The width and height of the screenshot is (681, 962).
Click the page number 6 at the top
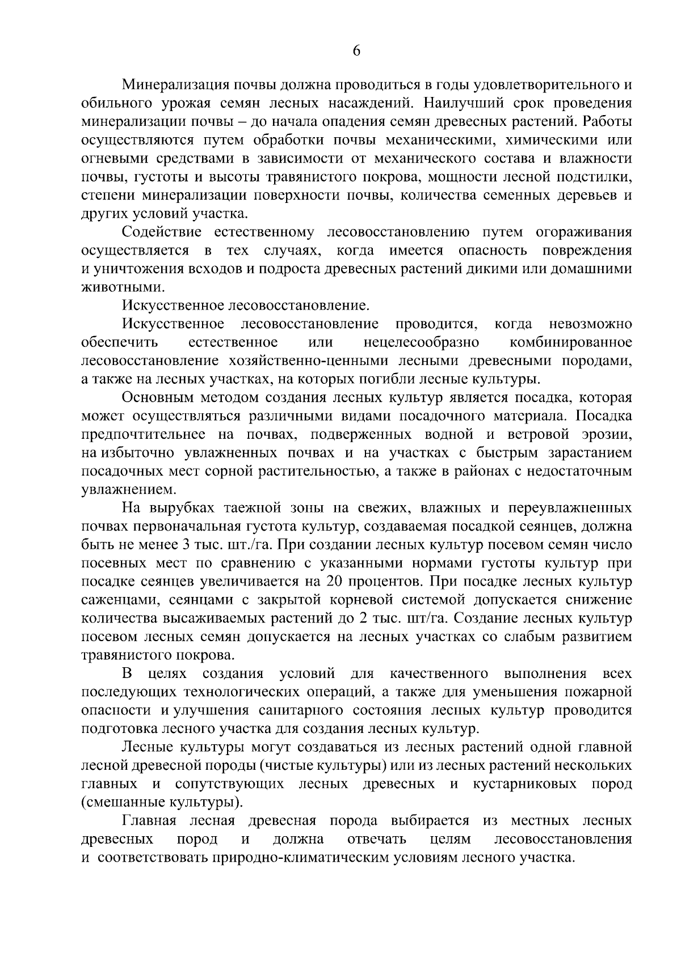[356, 51]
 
